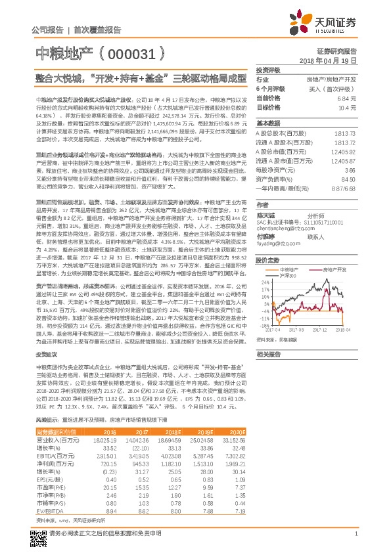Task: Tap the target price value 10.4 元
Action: point(348,106)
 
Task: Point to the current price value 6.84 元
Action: point(348,97)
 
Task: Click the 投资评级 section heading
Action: point(268,69)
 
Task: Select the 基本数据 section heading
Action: point(268,123)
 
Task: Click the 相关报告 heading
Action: point(268,354)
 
